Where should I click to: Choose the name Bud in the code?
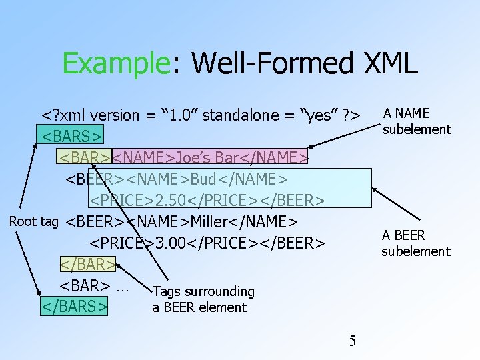pos(205,179)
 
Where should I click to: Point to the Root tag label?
pos(34,221)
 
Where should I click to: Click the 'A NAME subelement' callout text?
pos(416,121)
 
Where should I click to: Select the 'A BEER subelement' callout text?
pos(415,243)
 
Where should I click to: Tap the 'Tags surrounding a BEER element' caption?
pos(203,299)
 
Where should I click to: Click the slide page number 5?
pos(353,341)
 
